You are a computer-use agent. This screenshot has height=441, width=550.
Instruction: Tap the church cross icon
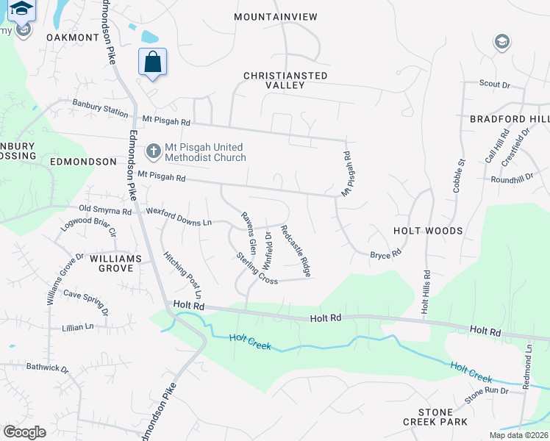tap(154, 152)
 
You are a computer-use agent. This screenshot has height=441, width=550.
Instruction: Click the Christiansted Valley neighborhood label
tap(285, 80)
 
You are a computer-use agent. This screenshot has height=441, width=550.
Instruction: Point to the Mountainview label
tap(275, 16)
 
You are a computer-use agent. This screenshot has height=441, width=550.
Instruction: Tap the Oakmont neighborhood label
tap(72, 37)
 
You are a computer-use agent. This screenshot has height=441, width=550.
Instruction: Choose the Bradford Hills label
tap(510, 119)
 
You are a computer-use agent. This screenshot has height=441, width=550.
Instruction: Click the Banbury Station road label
tap(99, 108)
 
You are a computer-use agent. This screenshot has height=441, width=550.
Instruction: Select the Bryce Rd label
tap(385, 254)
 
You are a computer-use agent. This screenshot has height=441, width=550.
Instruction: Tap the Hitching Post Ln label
tap(182, 270)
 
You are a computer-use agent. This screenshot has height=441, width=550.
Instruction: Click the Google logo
tap(24, 431)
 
